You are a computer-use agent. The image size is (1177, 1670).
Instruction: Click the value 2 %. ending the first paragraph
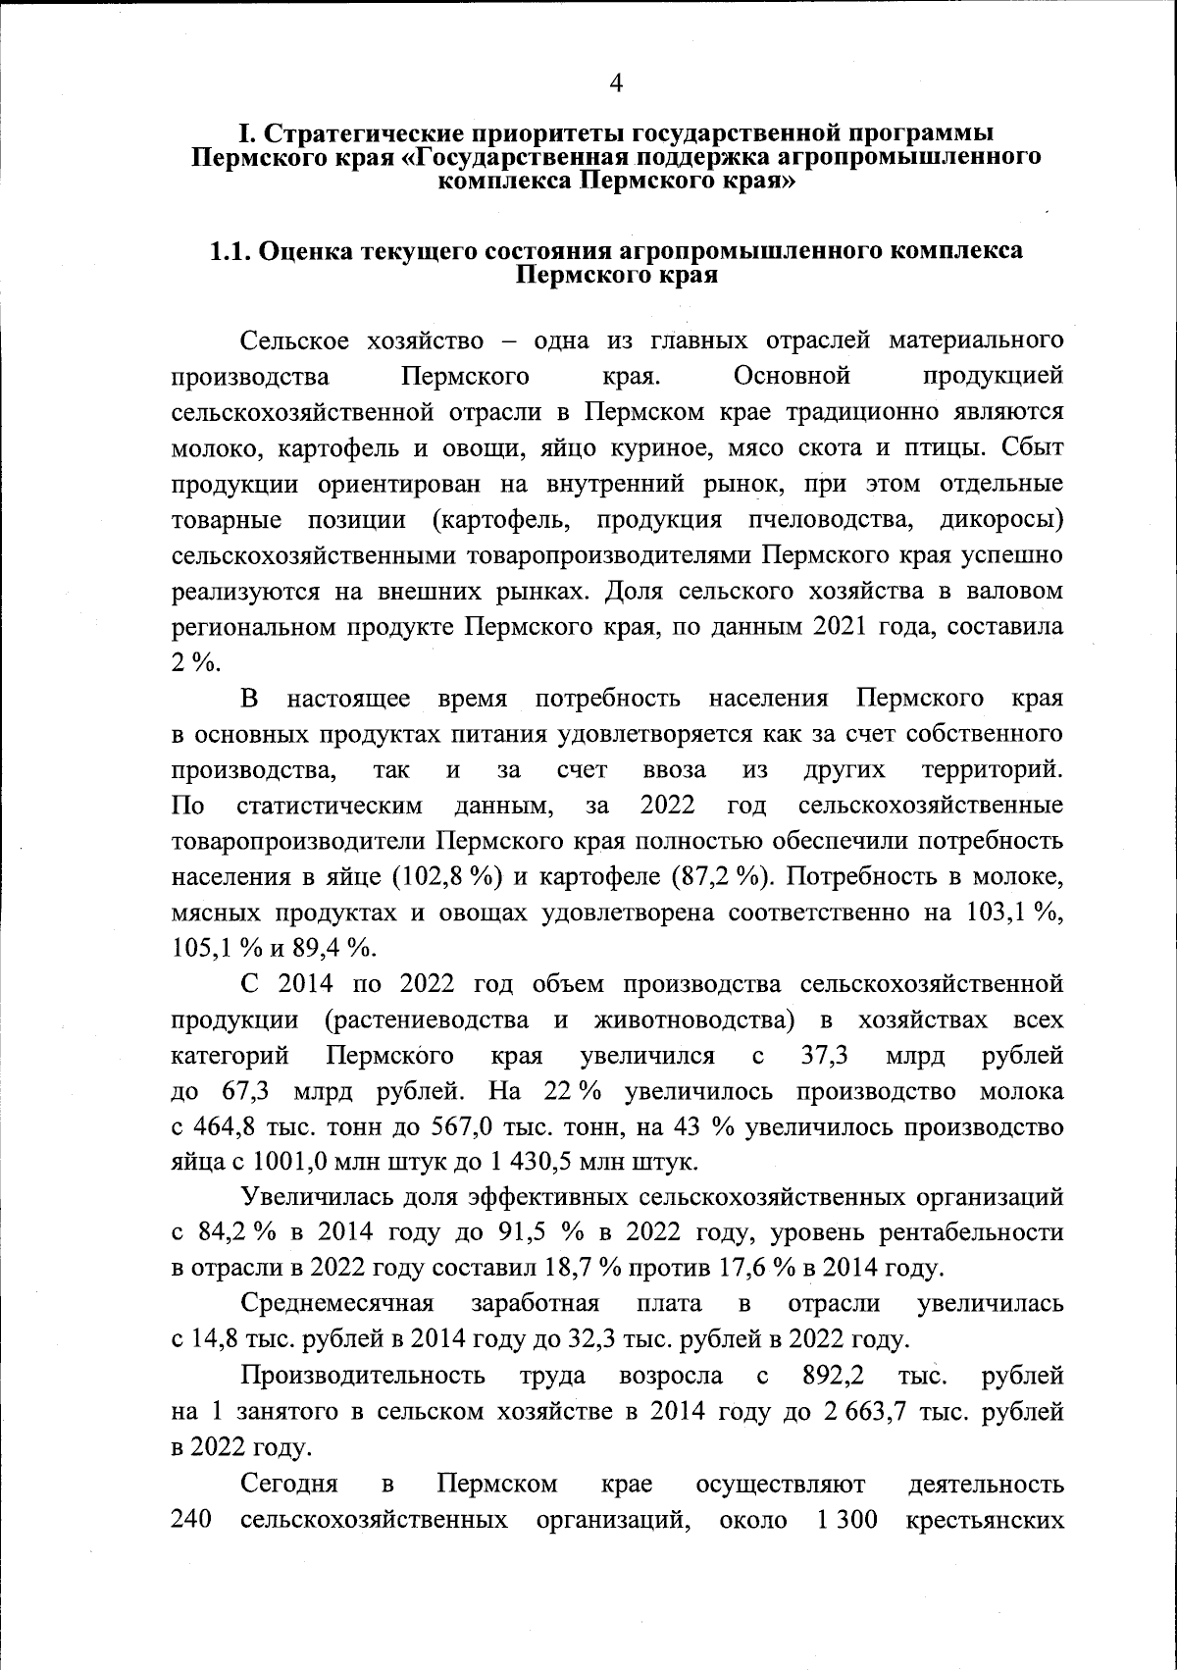[x=194, y=662]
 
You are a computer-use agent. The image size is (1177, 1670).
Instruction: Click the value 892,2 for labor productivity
[x=829, y=1377]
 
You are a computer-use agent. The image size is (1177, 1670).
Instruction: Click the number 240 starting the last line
[x=192, y=1520]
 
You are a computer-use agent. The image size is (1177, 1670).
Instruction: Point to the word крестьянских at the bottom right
[x=986, y=1520]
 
